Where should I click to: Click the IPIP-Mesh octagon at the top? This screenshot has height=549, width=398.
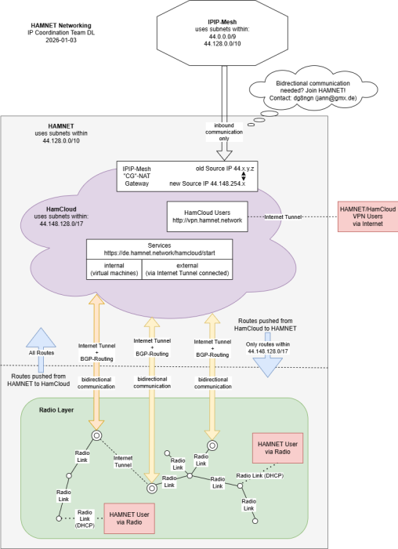coord(225,32)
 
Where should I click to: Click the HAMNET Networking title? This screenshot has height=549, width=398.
coord(60,25)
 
